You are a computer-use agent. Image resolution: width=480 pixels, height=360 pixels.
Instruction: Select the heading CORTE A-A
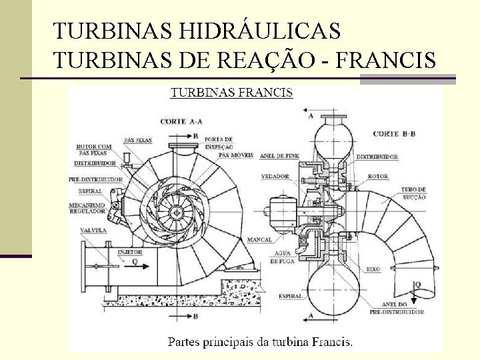click(182, 121)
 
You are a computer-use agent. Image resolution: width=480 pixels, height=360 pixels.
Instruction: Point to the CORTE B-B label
click(394, 134)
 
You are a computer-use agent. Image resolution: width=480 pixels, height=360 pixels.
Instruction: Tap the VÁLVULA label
click(93, 230)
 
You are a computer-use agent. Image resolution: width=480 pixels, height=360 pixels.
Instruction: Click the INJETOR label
click(131, 253)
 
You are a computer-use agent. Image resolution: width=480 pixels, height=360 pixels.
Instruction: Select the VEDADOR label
click(275, 177)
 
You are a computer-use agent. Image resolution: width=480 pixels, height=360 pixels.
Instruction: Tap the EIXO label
click(373, 269)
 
